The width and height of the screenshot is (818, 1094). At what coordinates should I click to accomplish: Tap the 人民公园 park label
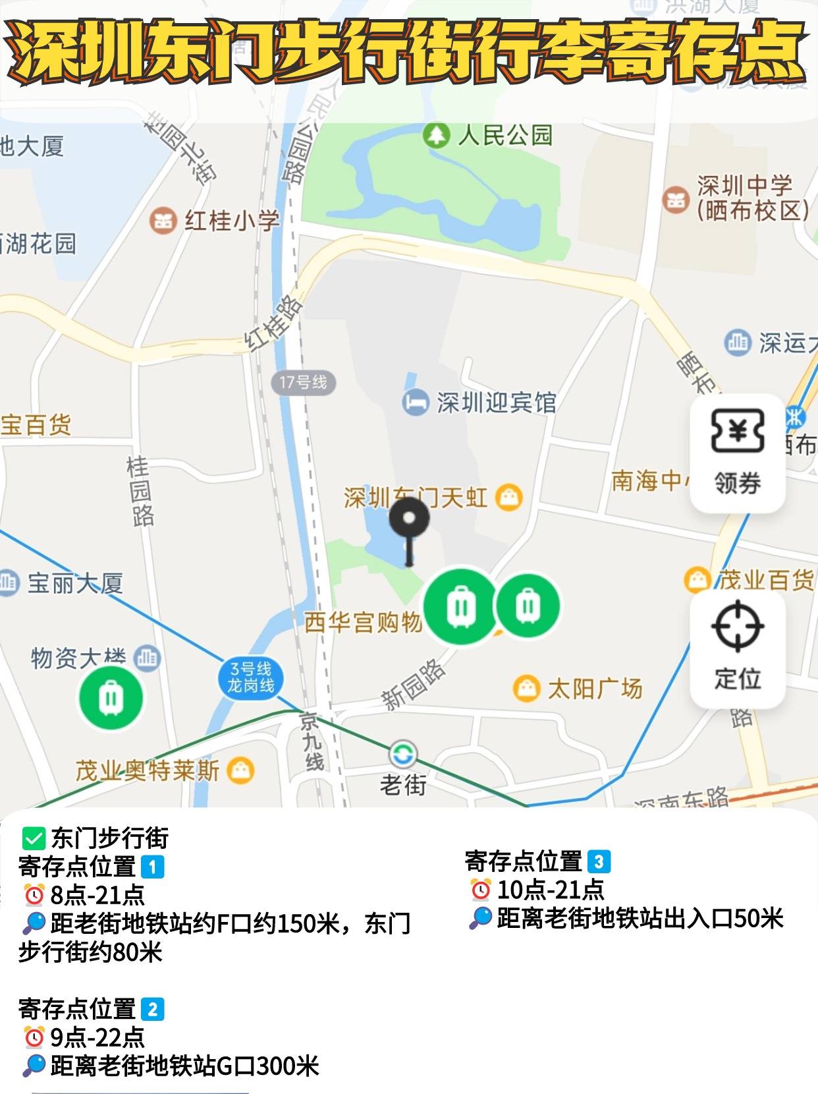(x=505, y=136)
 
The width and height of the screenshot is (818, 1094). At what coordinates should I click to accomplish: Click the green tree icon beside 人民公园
(x=435, y=136)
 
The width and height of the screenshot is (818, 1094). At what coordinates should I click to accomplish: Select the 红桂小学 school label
(x=232, y=221)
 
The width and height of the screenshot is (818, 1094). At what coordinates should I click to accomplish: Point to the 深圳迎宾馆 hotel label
(x=497, y=403)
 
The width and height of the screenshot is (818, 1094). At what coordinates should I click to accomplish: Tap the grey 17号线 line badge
(x=303, y=382)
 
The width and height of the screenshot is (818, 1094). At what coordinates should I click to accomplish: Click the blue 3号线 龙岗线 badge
(x=251, y=678)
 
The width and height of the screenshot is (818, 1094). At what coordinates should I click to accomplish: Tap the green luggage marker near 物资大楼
(x=111, y=698)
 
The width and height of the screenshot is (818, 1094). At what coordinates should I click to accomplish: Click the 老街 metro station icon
(x=402, y=754)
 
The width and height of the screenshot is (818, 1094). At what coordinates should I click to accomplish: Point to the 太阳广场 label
(x=595, y=689)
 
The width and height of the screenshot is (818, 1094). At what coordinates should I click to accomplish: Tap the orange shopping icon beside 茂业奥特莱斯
(x=240, y=770)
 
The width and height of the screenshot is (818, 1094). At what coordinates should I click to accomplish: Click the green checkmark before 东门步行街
(x=32, y=838)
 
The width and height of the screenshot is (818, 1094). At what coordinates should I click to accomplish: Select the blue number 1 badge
(x=152, y=867)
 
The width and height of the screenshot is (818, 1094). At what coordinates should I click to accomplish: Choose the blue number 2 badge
(x=152, y=1009)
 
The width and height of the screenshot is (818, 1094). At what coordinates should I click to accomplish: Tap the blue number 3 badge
(x=599, y=861)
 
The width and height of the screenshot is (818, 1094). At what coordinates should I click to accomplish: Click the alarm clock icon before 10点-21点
(x=481, y=890)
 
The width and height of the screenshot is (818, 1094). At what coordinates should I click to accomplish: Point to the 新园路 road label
(x=414, y=685)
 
